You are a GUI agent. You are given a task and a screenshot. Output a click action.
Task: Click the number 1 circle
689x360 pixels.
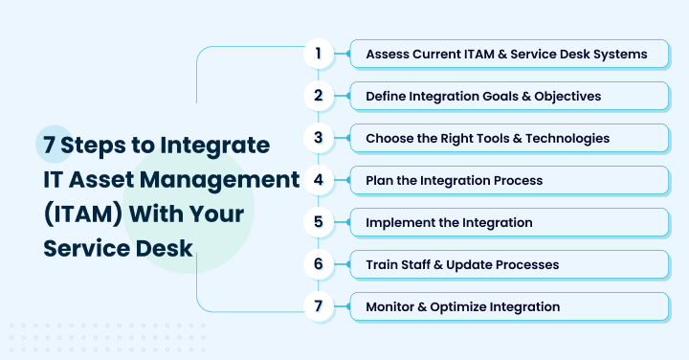[319, 54]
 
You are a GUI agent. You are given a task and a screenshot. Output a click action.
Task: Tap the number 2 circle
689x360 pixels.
[319, 96]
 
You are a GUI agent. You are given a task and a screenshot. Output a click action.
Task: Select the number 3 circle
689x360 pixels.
[319, 138]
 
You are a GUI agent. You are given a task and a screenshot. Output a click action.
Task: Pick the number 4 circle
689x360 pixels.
[319, 180]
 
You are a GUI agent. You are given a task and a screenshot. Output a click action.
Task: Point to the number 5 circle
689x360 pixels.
[319, 222]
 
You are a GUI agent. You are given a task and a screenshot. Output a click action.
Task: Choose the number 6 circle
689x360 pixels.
[319, 264]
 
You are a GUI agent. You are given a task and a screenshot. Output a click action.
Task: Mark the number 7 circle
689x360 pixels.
[319, 306]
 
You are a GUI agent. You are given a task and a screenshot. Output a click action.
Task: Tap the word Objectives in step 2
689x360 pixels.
[567, 97]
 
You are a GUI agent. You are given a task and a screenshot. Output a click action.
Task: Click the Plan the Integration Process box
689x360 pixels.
[508, 181]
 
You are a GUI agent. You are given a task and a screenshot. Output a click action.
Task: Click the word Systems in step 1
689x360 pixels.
[617, 55]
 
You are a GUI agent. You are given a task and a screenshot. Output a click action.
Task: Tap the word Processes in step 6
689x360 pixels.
[525, 265]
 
